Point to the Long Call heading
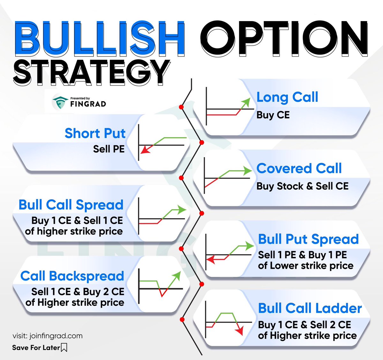click(x=287, y=97)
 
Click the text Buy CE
click(x=273, y=115)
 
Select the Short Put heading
click(x=95, y=133)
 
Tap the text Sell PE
click(x=109, y=149)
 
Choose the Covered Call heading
click(x=299, y=168)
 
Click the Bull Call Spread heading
click(x=71, y=205)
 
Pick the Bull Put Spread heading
click(x=308, y=239)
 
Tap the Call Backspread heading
click(x=72, y=276)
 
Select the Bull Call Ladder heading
click(x=310, y=308)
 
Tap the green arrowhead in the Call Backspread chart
click(x=176, y=276)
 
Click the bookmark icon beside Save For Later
click(x=64, y=347)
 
